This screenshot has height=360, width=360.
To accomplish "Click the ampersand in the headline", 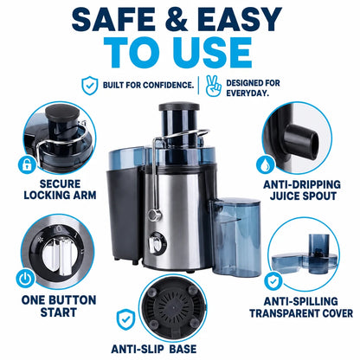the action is point(177,19).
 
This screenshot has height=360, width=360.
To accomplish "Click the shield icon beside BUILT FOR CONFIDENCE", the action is point(90,86).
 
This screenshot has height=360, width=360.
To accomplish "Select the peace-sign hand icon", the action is point(214,86).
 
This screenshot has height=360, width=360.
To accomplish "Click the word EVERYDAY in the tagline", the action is point(247,93).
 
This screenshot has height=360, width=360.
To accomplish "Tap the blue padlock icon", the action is point(28,164).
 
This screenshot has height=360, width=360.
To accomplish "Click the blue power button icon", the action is point(25,278).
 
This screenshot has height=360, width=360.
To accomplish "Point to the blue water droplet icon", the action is point(265,164).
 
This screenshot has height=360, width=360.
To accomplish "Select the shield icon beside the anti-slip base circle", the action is point(125,320).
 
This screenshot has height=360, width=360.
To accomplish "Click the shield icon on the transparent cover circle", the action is point(273,281).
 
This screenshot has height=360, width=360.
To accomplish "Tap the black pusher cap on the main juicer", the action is point(179,106).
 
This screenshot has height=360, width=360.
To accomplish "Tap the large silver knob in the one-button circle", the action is point(58,255).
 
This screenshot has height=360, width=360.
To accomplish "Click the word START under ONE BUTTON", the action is point(59,312).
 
